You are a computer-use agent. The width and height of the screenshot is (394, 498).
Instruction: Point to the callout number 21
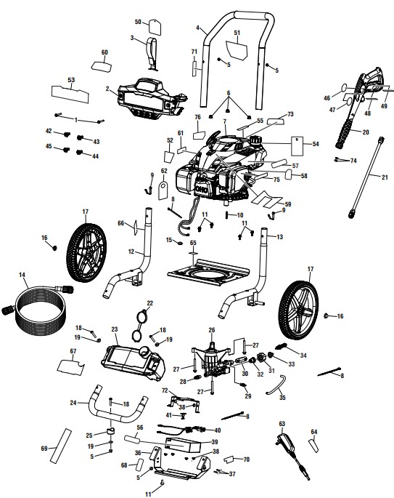click(x=385, y=176)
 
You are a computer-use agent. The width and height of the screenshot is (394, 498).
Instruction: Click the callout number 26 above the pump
click(x=212, y=329)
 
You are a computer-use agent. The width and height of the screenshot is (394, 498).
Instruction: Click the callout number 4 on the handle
click(x=197, y=28)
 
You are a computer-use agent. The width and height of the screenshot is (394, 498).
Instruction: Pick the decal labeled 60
click(x=102, y=65)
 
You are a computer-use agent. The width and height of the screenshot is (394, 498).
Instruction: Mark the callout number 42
click(x=49, y=132)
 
